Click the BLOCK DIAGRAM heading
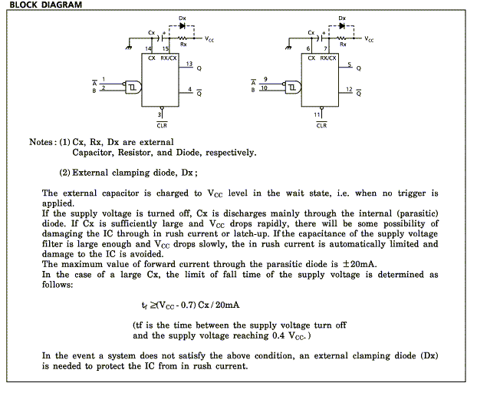pyautogui.click(x=46, y=5)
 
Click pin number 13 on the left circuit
pyautogui.click(x=189, y=64)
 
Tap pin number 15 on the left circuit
pyautogui.click(x=165, y=48)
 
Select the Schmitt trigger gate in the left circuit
pyautogui.click(x=133, y=88)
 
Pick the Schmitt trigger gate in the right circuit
pyautogui.click(x=293, y=88)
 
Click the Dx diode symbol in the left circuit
pyautogui.click(x=183, y=26)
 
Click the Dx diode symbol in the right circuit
pyautogui.click(x=342, y=26)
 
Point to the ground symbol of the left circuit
pyautogui.click(x=129, y=48)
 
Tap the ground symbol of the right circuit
pyautogui.click(x=288, y=48)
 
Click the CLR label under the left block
pyautogui.click(x=162, y=125)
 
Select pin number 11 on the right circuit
pyautogui.click(x=317, y=115)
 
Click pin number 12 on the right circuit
pyautogui.click(x=349, y=89)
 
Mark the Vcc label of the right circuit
pyautogui.click(x=369, y=39)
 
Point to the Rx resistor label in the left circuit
pyautogui.click(x=183, y=45)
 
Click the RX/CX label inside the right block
pyautogui.click(x=328, y=58)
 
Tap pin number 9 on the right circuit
pyautogui.click(x=265, y=79)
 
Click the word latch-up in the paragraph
pyautogui.click(x=252, y=234)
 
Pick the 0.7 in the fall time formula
pyautogui.click(x=188, y=305)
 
